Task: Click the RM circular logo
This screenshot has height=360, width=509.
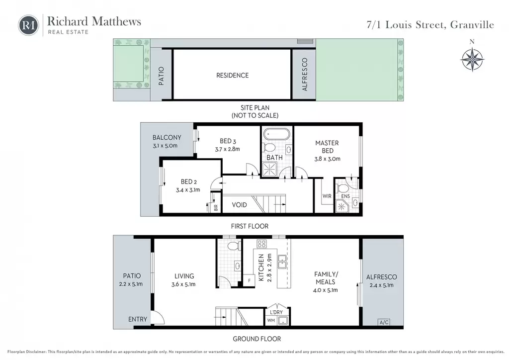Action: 28,25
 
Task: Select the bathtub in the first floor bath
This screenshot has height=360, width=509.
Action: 276,134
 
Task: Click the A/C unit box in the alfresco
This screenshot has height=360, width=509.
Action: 384,322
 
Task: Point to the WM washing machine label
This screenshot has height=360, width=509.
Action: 271,320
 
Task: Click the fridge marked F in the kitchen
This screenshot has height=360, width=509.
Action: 250,280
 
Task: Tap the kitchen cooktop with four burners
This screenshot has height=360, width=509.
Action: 261,244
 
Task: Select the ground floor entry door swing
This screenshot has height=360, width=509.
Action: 159,317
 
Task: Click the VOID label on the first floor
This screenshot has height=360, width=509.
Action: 239,205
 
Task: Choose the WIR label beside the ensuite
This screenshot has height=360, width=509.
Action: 327,196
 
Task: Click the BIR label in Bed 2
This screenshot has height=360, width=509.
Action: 216,207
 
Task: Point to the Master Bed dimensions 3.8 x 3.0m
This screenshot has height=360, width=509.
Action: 327,159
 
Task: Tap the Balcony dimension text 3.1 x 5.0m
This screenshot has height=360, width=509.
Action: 165,146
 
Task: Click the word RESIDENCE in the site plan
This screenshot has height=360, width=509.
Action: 233,75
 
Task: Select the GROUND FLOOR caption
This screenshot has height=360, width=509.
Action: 257,339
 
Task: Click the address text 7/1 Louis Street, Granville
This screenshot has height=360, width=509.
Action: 430,25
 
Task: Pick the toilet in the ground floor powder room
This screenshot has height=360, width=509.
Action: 233,246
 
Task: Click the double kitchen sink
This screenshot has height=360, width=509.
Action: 282,262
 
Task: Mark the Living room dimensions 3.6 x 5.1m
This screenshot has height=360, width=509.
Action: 184,284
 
